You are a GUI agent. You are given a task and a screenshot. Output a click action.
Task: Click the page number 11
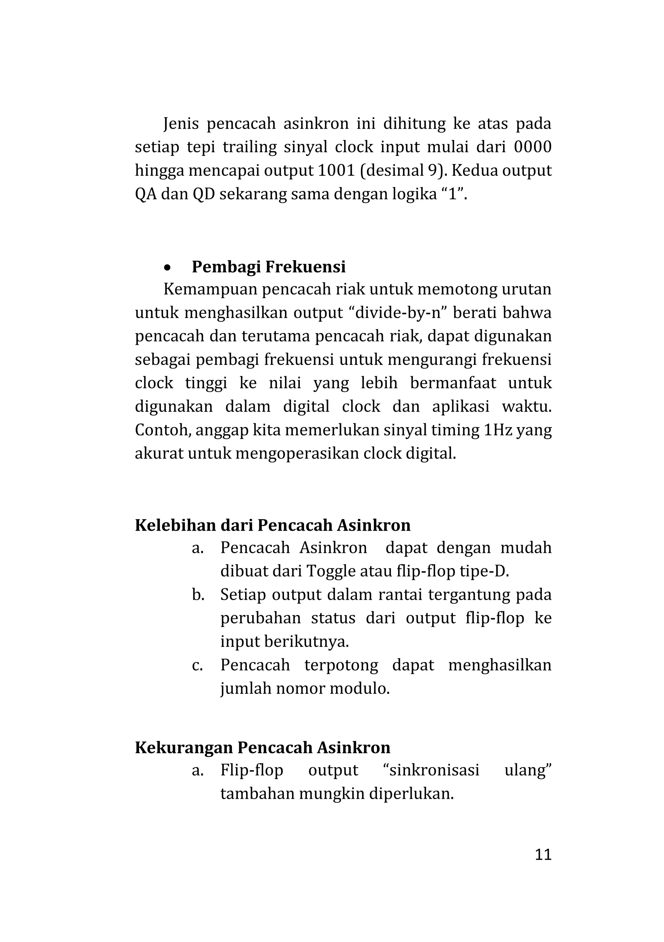(x=543, y=855)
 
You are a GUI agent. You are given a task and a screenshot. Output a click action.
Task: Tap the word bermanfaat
(x=453, y=383)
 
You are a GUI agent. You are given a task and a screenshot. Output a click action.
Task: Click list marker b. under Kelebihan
(x=198, y=595)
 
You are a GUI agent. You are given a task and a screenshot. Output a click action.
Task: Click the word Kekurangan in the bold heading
(x=184, y=748)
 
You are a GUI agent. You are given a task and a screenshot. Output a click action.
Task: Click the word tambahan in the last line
(x=257, y=794)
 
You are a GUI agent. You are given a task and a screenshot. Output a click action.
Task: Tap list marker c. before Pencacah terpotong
(x=197, y=665)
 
